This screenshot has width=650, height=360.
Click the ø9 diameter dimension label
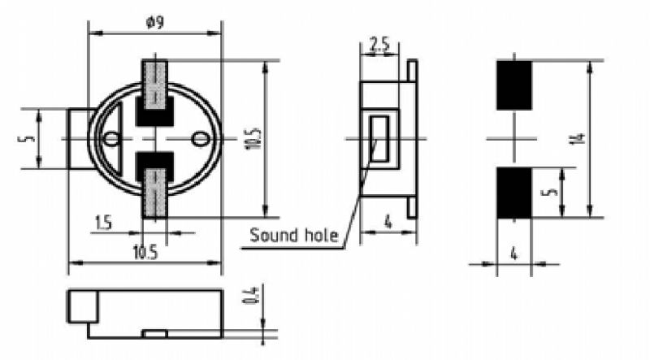(x=155, y=22)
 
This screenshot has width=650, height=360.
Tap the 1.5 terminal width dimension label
(x=104, y=223)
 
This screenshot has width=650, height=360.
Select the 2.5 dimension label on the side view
(x=379, y=45)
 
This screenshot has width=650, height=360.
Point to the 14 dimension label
(x=581, y=137)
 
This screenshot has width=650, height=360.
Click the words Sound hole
(x=294, y=235)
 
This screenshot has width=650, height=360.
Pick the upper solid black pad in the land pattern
(x=514, y=85)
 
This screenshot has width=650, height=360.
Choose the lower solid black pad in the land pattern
(x=514, y=193)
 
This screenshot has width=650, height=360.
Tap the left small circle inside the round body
(x=110, y=139)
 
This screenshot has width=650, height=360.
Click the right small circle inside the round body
(x=199, y=139)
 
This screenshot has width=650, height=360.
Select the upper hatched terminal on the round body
(x=155, y=85)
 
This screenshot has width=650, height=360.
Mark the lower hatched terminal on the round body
(x=155, y=193)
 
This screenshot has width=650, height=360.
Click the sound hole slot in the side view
(x=379, y=138)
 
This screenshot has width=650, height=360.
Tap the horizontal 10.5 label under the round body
(x=145, y=252)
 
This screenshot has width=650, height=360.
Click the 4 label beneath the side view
(x=388, y=223)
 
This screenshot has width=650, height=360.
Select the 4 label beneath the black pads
(x=514, y=253)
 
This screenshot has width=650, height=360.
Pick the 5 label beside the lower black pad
(x=552, y=192)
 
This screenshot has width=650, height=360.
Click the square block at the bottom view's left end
(x=84, y=307)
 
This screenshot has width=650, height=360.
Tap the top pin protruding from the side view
(x=413, y=71)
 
